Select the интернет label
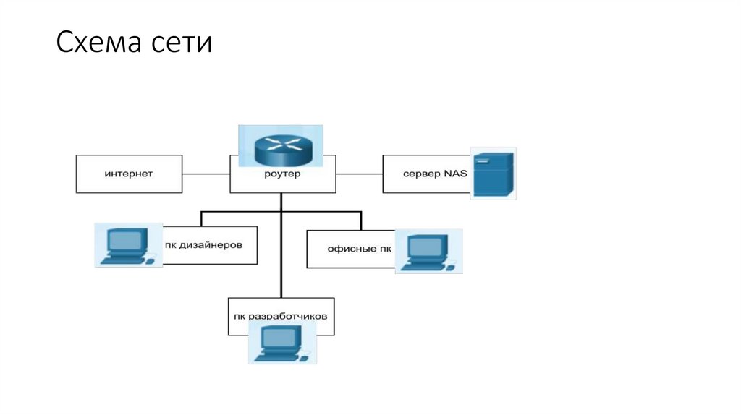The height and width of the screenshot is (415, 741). pyautogui.click(x=128, y=174)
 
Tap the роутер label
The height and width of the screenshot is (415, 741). pyautogui.click(x=282, y=174)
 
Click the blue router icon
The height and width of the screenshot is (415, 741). pyautogui.click(x=281, y=147)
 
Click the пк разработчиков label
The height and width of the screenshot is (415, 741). pyautogui.click(x=281, y=317)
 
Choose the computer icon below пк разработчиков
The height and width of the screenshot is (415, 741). pyautogui.click(x=282, y=343)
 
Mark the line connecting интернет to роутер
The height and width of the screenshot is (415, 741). pyautogui.click(x=206, y=174)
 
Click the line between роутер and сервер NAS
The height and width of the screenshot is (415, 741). pyautogui.click(x=359, y=174)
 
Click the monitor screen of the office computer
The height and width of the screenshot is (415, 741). pyautogui.click(x=426, y=247)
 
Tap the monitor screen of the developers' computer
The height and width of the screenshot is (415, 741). pyautogui.click(x=280, y=337)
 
